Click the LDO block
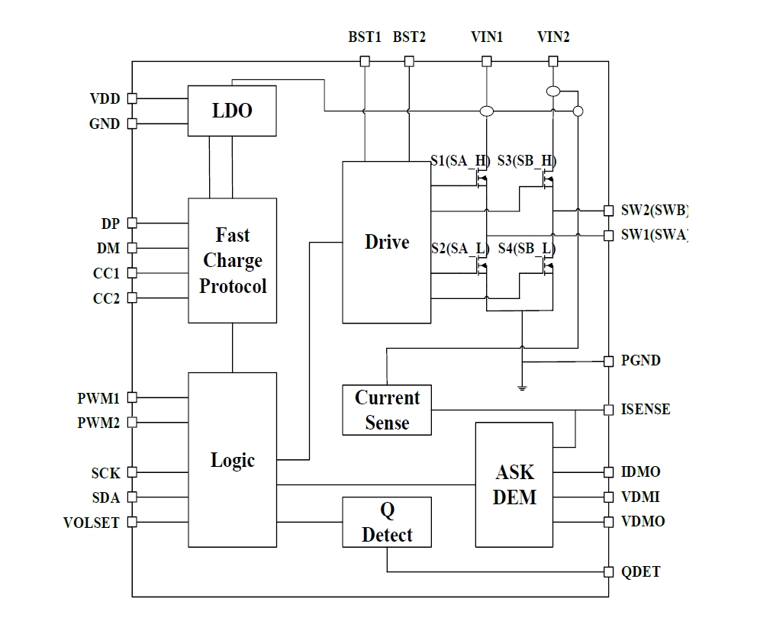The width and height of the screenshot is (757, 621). tap(232, 111)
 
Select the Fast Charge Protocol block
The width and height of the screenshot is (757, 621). tap(232, 260)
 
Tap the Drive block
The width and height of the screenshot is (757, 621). tap(386, 242)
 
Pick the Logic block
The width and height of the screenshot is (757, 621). tap(232, 460)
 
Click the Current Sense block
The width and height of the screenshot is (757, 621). tap(387, 410)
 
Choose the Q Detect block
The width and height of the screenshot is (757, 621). tap(387, 523)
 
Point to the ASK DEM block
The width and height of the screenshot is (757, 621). tap(514, 484)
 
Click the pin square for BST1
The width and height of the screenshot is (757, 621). tap(365, 61)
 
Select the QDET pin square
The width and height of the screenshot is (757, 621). tap(608, 571)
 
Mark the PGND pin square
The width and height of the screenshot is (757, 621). tap(608, 361)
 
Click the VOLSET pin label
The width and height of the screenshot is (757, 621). tap(92, 523)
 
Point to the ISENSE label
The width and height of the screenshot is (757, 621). tap(646, 410)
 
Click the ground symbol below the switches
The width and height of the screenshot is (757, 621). tap(523, 388)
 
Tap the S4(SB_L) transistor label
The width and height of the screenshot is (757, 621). tap(527, 249)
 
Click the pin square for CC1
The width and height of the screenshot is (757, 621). tap(132, 273)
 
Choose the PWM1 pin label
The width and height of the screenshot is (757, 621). tap(98, 397)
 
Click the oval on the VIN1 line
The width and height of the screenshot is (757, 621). tap(485, 111)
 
